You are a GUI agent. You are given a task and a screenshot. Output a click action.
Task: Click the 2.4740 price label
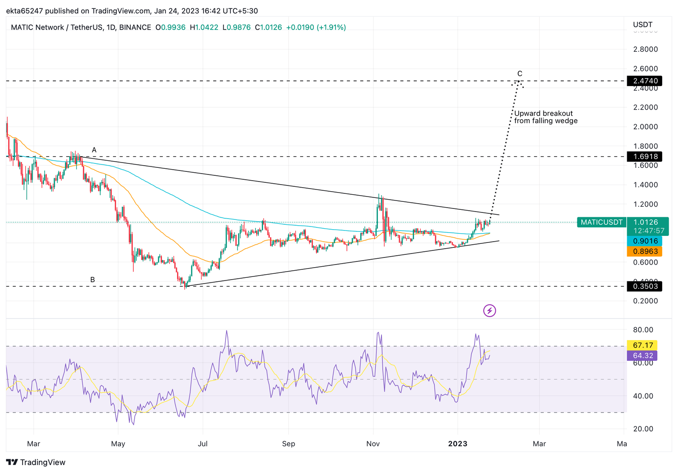[x=645, y=81]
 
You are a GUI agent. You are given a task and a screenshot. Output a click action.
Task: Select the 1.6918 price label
[x=645, y=156]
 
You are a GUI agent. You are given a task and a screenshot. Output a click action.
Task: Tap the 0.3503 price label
[x=645, y=286]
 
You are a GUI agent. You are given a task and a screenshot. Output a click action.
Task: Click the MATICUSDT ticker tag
[x=601, y=222]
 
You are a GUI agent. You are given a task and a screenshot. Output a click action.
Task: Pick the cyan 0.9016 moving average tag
[x=645, y=241]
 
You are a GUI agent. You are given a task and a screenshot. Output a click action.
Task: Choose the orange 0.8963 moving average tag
[x=645, y=251]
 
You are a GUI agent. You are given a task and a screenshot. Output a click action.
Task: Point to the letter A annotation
[x=94, y=150]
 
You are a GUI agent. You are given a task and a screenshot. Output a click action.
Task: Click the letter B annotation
[x=93, y=280]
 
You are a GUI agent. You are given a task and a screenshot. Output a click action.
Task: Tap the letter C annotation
[x=520, y=74]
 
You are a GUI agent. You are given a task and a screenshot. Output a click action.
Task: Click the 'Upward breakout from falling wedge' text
[x=546, y=117]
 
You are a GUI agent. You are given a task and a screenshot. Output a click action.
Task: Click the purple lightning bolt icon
[x=490, y=310]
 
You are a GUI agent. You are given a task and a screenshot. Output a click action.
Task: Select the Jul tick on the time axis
[x=203, y=443]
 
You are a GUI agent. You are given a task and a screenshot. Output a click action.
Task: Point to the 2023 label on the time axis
[x=458, y=443]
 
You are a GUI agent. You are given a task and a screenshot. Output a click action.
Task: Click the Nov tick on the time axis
[x=373, y=443]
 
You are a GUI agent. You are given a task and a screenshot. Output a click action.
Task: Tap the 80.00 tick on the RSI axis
[x=643, y=330]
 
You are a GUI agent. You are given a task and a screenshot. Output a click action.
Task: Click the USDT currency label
[x=642, y=25]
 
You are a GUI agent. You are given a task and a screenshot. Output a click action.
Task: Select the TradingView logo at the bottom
[x=36, y=462]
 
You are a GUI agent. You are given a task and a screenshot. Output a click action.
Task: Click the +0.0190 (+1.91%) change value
[x=316, y=27]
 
